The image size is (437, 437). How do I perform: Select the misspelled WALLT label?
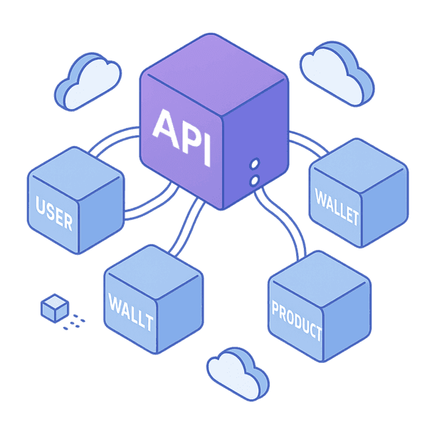(x=130, y=312)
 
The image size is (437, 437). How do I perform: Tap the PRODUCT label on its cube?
(x=297, y=321)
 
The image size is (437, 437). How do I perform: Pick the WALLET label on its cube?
(x=337, y=206)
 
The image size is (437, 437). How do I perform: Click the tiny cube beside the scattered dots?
(x=54, y=308)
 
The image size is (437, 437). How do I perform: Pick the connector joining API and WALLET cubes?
(x=302, y=142)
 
